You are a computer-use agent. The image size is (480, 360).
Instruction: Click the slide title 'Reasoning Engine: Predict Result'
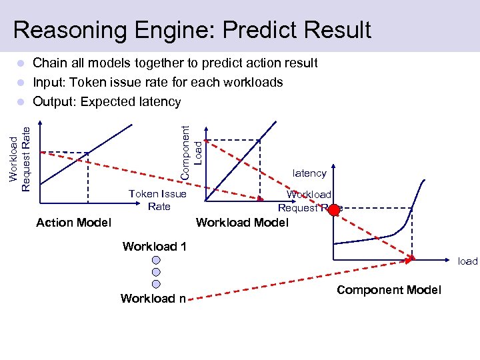point(192,30)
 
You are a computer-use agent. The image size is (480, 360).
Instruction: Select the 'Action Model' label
point(73,223)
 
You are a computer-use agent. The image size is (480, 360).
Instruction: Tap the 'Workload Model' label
point(242,223)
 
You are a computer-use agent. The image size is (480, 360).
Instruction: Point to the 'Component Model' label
point(389,289)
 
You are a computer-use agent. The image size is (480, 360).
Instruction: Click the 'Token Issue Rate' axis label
point(158,200)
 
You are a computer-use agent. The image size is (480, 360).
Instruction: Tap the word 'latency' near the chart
point(309,173)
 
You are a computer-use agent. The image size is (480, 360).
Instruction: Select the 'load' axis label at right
point(467,261)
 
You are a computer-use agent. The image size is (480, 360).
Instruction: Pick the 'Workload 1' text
point(154,247)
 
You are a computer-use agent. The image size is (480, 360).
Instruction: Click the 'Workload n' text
point(153,298)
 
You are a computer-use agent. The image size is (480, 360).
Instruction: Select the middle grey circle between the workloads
point(155,272)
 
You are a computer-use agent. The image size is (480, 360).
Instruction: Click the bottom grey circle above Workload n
point(155,284)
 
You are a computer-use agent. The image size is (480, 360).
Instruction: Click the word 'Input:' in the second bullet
point(49,83)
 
